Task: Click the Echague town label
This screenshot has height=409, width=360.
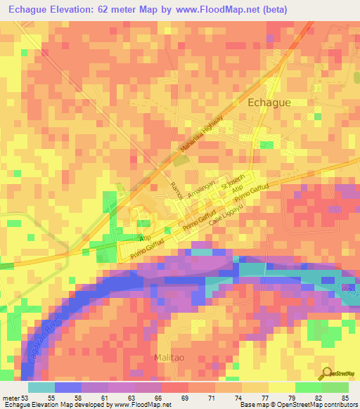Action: (269, 103)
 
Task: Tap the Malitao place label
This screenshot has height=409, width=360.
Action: (171, 358)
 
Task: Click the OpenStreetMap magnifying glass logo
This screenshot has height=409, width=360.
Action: (327, 372)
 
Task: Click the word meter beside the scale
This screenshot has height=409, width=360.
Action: (10, 397)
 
